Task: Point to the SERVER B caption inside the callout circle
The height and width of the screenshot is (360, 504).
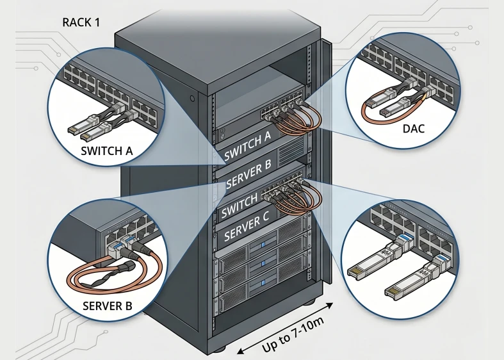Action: click(108, 306)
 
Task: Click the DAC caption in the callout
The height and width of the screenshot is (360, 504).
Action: click(413, 129)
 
